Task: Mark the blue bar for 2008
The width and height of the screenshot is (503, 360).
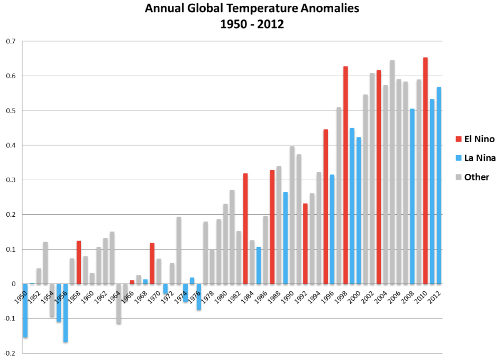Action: pos(412,196)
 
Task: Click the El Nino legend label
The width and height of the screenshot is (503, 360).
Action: pos(479,140)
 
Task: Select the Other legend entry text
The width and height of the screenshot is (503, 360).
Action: pos(477,178)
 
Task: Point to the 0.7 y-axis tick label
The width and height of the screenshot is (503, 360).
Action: pos(11,41)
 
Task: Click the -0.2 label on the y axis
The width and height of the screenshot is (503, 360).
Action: pos(10,353)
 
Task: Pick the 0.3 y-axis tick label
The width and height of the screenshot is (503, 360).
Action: pos(11,180)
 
